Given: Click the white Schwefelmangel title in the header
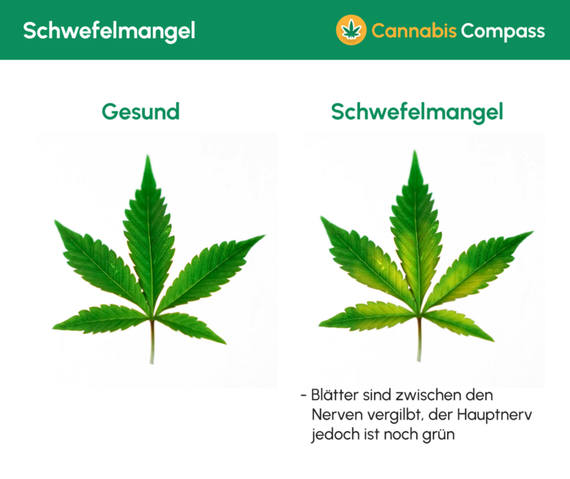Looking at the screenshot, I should pyautogui.click(x=108, y=31).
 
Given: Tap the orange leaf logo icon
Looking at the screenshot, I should pyautogui.click(x=351, y=30).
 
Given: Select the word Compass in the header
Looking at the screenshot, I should pyautogui.click(x=502, y=31).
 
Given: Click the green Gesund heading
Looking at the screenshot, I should pyautogui.click(x=141, y=112).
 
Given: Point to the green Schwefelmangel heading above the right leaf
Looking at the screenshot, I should pyautogui.click(x=417, y=112).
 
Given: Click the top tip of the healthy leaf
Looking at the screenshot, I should pyautogui.click(x=148, y=157).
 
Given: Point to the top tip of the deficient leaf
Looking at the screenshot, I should pyautogui.click(x=415, y=152).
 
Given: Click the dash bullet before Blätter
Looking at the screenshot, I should pyautogui.click(x=304, y=396).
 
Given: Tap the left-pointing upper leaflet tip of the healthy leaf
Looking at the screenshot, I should pyautogui.click(x=55, y=221).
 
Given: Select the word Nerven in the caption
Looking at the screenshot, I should pyautogui.click(x=335, y=415).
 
